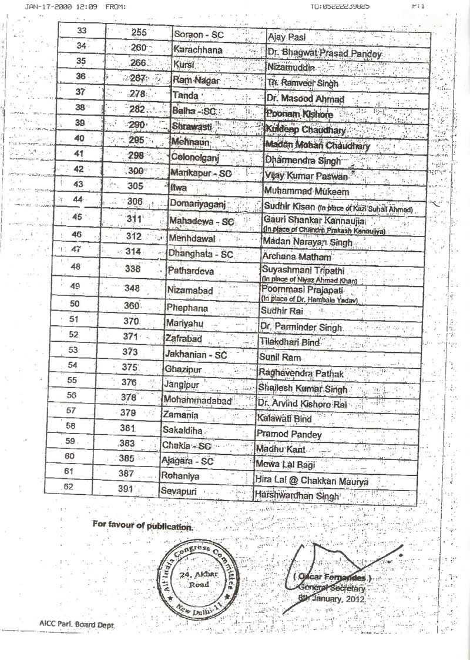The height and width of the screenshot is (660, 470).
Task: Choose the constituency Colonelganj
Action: (195, 158)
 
